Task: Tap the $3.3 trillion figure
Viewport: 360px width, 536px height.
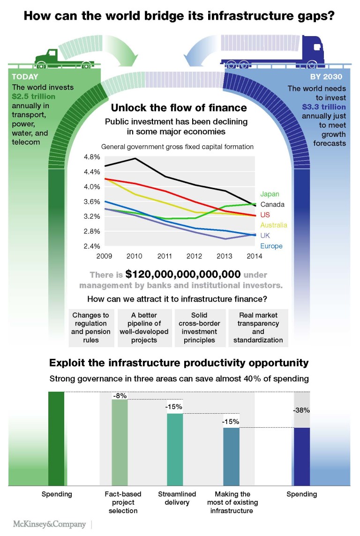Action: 324,107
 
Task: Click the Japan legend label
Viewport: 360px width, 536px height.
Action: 270,194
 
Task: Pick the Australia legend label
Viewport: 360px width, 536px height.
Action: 273,225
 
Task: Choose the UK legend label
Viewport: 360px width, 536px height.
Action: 265,235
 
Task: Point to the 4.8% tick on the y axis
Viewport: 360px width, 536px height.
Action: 91,156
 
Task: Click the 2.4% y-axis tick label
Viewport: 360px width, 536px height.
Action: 91,246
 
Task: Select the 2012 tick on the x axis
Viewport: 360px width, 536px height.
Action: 194,256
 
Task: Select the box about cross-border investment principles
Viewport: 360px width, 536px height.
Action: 199,328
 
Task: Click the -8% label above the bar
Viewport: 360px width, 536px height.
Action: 120,395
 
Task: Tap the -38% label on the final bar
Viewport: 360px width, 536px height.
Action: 301,410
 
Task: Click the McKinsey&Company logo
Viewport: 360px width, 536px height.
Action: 49,524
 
